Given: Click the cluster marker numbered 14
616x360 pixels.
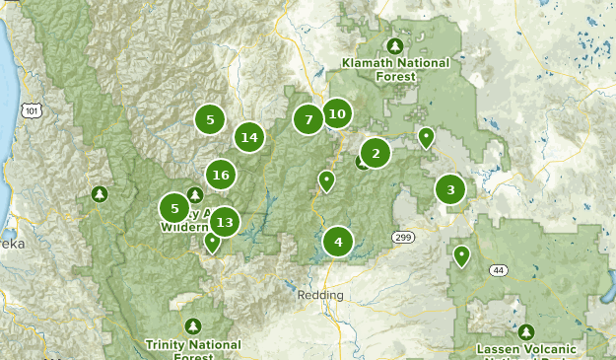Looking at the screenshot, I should [x=248, y=137].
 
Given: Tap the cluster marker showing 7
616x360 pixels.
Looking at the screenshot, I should [x=308, y=119].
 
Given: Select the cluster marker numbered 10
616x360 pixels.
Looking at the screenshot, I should [x=337, y=113].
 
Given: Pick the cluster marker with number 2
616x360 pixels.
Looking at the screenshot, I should [x=375, y=153].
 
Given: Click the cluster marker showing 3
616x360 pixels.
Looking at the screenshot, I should [x=450, y=190].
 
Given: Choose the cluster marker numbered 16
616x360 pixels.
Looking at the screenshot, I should [x=220, y=175].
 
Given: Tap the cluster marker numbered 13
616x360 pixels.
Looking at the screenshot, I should [x=225, y=222].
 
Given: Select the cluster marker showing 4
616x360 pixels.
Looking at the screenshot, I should [x=338, y=241].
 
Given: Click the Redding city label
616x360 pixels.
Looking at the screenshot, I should [x=320, y=295].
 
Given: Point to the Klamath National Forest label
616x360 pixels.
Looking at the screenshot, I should [x=395, y=69].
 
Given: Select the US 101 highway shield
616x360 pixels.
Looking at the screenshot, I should [x=33, y=111].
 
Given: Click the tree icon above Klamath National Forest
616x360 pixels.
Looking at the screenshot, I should [x=395, y=45].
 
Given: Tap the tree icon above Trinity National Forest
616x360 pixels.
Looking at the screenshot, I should [x=192, y=325].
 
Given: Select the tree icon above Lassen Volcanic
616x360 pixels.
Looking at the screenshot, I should [x=526, y=332].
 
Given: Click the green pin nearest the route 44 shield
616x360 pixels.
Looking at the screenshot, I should [x=460, y=255].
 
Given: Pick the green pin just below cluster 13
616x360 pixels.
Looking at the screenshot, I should [x=212, y=241].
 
